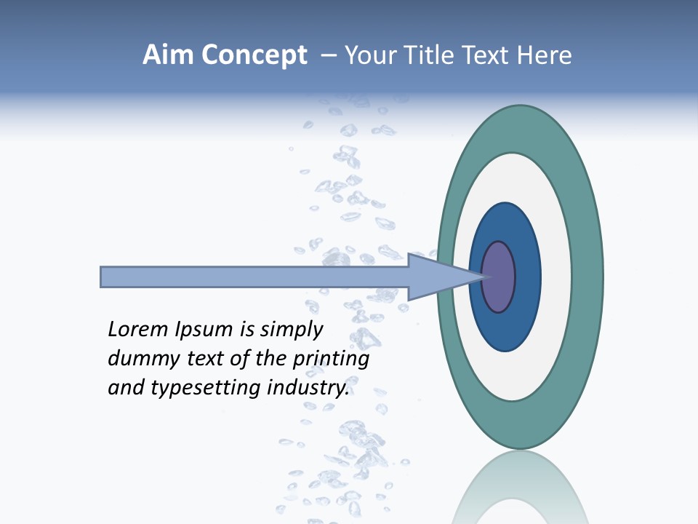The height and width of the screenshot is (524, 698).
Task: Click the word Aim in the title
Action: (x=167, y=55)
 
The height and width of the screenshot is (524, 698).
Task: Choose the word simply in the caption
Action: (x=291, y=330)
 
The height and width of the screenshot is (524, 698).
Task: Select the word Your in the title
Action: (x=369, y=55)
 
